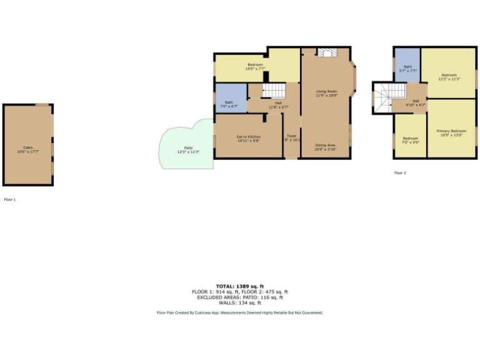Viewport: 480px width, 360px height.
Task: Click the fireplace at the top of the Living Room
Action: point(326,53)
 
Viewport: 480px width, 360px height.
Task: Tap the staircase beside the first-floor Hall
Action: point(273,91)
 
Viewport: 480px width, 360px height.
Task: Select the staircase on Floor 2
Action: point(382,97)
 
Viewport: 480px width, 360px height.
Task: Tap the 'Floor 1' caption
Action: point(9,199)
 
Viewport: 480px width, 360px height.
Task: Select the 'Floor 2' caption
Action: point(400,172)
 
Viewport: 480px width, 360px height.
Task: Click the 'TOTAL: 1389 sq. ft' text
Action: point(240,286)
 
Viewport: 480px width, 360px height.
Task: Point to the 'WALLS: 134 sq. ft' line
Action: point(240,302)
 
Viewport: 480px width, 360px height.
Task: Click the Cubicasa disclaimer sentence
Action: point(240,312)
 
